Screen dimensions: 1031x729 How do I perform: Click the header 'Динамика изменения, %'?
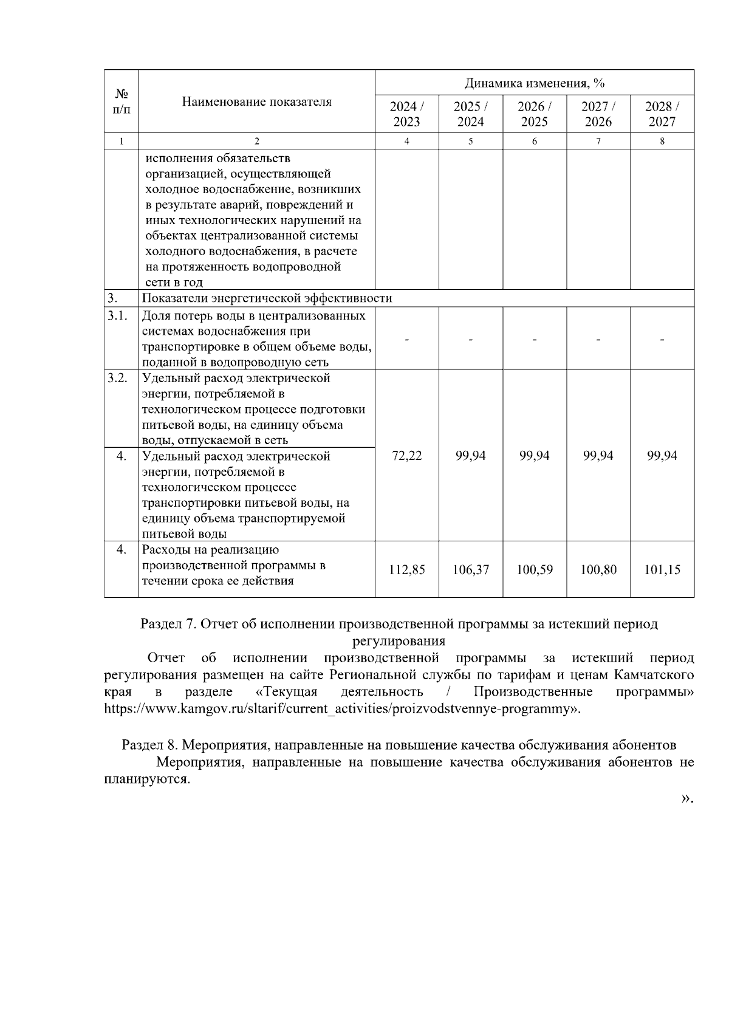click(x=535, y=83)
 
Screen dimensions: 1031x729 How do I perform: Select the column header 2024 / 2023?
click(x=406, y=114)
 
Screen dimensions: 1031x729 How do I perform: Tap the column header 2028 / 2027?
click(x=662, y=114)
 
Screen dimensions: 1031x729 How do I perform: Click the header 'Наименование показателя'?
click(x=256, y=102)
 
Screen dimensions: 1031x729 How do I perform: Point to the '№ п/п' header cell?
click(x=122, y=101)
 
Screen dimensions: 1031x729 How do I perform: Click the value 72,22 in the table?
click(x=406, y=456)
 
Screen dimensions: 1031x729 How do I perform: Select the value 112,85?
click(x=406, y=570)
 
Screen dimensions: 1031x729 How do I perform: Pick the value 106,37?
click(x=470, y=570)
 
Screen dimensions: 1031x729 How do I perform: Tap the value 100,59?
click(x=535, y=570)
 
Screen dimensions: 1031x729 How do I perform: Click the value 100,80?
click(x=598, y=570)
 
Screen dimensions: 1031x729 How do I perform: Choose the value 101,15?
click(x=662, y=570)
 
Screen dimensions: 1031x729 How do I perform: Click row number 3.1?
click(x=117, y=316)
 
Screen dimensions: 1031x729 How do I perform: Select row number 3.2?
click(x=117, y=378)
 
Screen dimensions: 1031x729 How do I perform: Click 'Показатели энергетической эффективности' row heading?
click(x=267, y=298)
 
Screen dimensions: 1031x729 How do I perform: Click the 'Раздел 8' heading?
click(x=399, y=745)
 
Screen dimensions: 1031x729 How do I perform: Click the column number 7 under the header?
click(x=598, y=141)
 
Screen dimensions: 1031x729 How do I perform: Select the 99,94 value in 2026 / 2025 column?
click(x=535, y=456)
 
